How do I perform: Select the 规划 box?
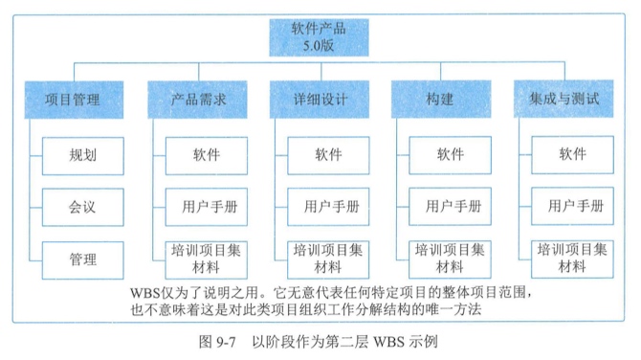click(82, 154)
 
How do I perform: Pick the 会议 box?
click(82, 205)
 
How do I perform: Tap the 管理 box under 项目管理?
click(82, 256)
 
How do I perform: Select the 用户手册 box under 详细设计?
click(329, 205)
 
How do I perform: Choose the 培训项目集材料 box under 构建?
click(452, 257)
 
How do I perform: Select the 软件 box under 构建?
click(452, 154)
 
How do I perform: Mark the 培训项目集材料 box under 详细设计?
click(329, 257)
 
